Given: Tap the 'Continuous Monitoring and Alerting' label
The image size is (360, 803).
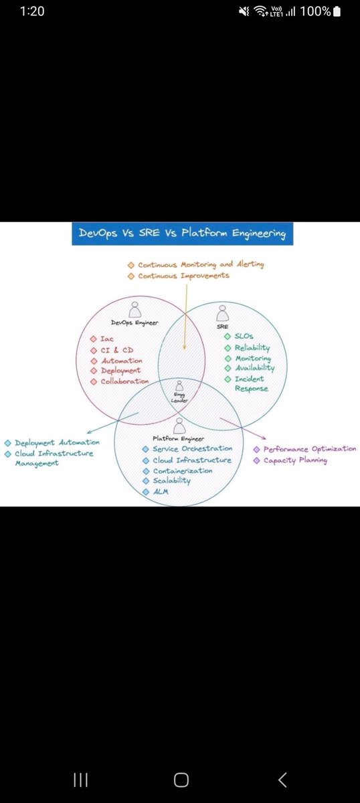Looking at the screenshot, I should (201, 264).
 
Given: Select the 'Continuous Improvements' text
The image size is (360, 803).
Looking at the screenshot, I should (183, 276).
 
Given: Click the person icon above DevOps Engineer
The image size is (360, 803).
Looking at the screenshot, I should (136, 308).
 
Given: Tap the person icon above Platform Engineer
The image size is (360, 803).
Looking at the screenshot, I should (179, 425).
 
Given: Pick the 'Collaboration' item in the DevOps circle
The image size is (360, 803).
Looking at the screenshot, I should (124, 381).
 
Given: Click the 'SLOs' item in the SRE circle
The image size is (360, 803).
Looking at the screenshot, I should (244, 336).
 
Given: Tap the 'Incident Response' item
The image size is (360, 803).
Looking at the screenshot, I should (251, 383).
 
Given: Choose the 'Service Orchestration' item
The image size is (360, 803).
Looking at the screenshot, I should (192, 448).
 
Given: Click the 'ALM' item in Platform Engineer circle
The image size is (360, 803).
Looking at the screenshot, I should (161, 492).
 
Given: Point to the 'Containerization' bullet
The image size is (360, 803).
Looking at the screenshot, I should (182, 470).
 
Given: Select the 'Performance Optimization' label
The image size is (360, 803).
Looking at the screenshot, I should (309, 449).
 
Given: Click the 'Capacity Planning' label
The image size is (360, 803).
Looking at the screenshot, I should (294, 460).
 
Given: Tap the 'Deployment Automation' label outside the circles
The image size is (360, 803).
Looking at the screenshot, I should (57, 442).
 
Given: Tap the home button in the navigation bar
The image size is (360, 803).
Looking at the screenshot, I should (181, 780).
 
